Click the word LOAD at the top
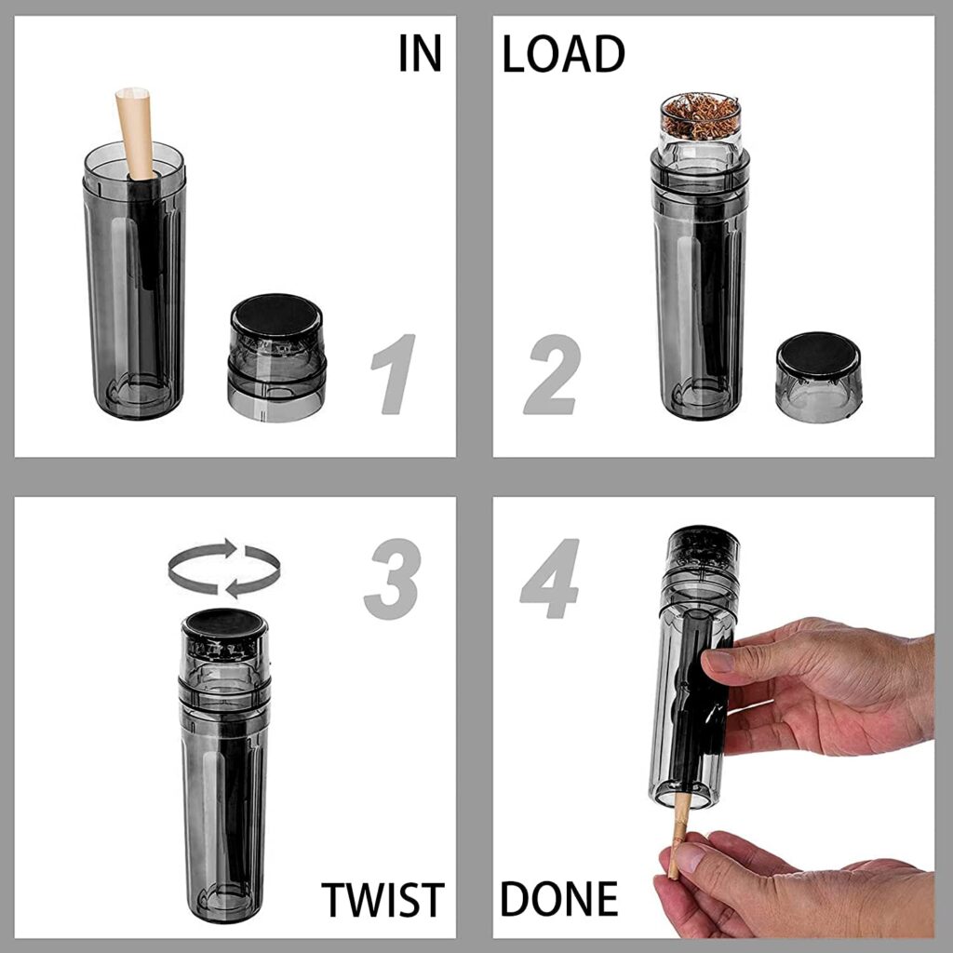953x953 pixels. pos(563,54)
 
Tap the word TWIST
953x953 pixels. pos(382,899)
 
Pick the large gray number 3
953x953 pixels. pos(391,580)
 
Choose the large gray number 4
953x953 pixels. pos(550,580)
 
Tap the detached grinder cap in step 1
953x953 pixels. pos(276,358)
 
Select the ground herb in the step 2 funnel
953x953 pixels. pos(701,116)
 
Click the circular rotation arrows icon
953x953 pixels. pos(224,567)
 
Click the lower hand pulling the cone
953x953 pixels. pos(791,884)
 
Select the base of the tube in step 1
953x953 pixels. pos(132,396)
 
